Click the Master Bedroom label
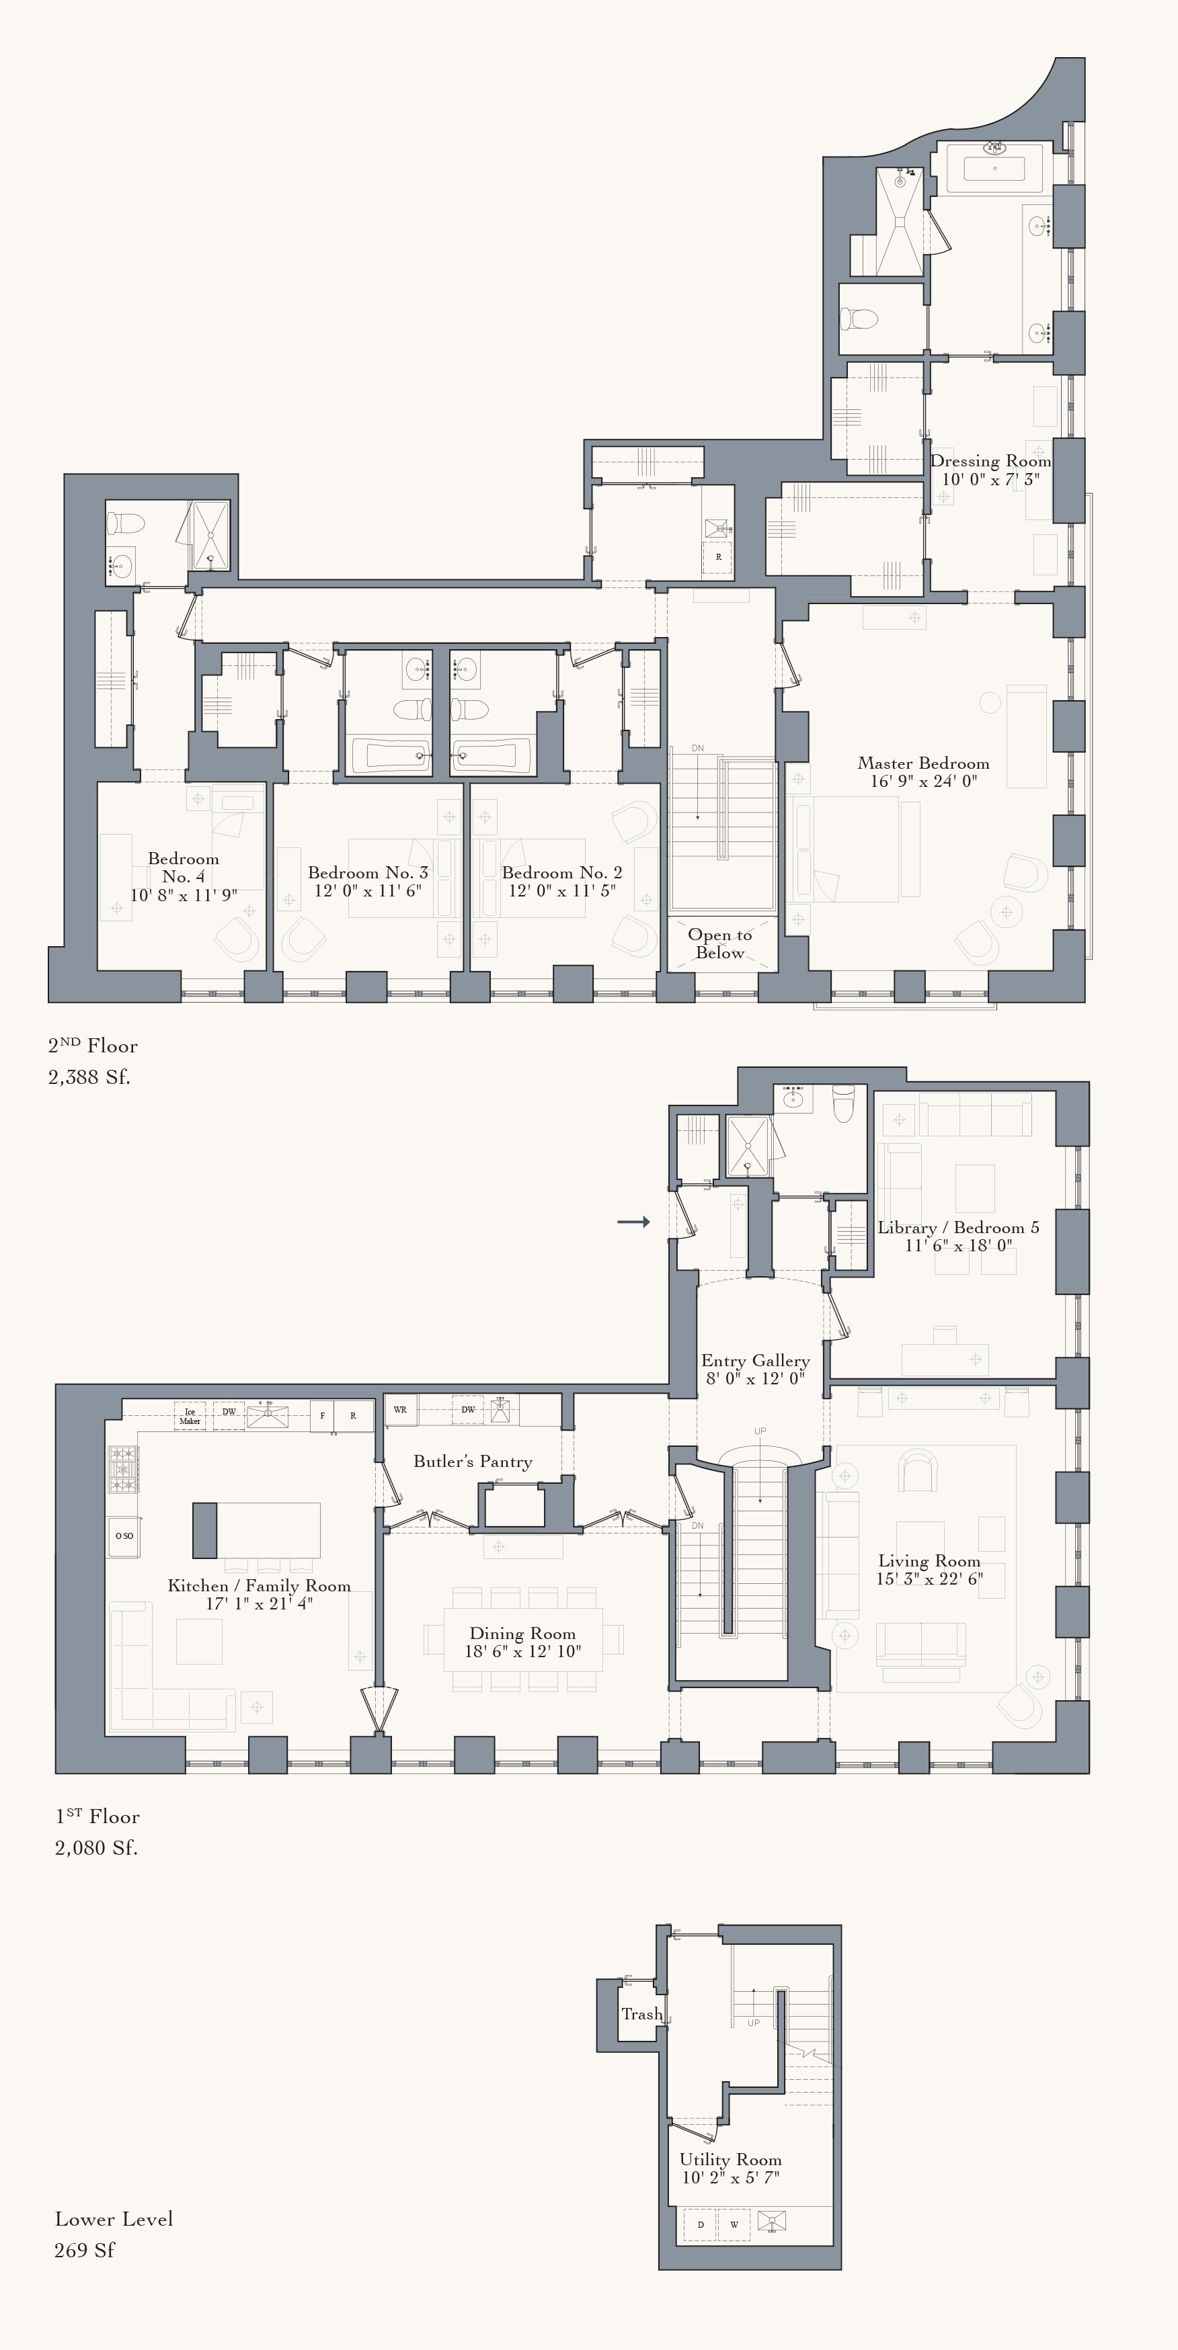[x=922, y=763]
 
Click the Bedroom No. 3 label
[x=368, y=873]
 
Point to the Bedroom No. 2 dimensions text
[x=562, y=891]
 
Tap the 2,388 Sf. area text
[x=89, y=1077]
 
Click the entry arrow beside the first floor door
[x=633, y=1222]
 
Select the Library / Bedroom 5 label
[x=957, y=1228]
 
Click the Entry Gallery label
[x=756, y=1360]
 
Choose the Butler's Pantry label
[x=473, y=1462]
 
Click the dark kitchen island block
[x=205, y=1530]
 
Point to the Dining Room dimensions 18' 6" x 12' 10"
[x=523, y=1651]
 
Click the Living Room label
[x=929, y=1561]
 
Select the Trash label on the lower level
[x=641, y=2013]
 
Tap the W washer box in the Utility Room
[x=734, y=2224]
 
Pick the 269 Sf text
[x=84, y=2250]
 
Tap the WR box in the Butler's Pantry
[x=399, y=1409]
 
